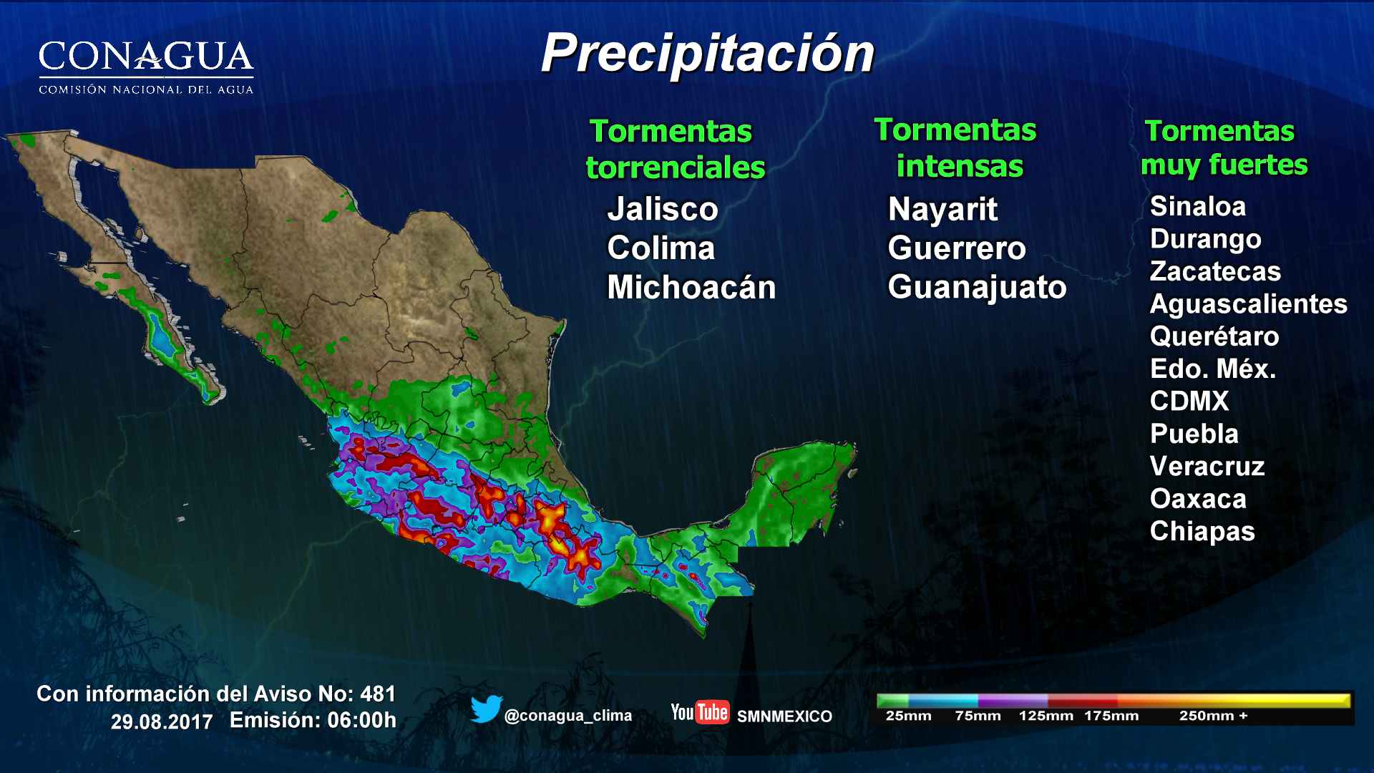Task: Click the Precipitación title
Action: [x=707, y=54]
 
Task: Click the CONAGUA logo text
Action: [x=146, y=57]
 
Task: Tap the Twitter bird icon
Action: [x=486, y=709]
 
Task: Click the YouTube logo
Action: [x=699, y=712]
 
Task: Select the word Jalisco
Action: [x=662, y=209]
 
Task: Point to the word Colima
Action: [x=661, y=248]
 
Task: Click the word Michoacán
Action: [x=691, y=287]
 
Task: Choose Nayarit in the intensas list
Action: [x=942, y=209]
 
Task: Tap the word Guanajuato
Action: [x=976, y=287]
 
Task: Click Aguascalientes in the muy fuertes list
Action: [x=1247, y=303]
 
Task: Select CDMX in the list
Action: [x=1189, y=401]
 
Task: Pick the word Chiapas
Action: [x=1202, y=531]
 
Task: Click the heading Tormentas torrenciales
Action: [x=674, y=149]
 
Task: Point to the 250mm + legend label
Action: [x=1212, y=715]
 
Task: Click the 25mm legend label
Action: [x=908, y=715]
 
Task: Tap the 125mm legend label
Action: [x=1046, y=715]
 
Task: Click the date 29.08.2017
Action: [x=162, y=721]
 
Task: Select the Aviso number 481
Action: [x=378, y=694]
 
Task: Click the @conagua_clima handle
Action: [x=567, y=715]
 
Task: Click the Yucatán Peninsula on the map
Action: [x=801, y=487]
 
